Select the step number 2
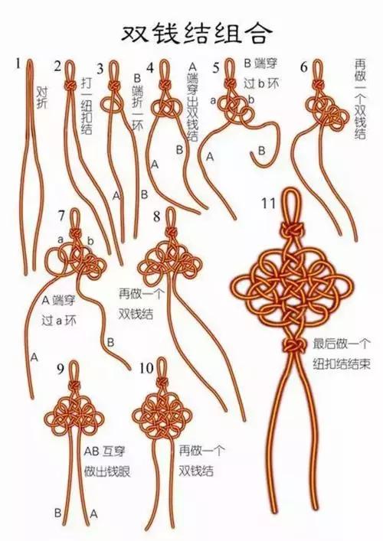(x=58, y=67)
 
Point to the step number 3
(x=100, y=70)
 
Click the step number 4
(x=151, y=67)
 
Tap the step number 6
(x=304, y=67)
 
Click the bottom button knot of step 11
(x=292, y=348)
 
